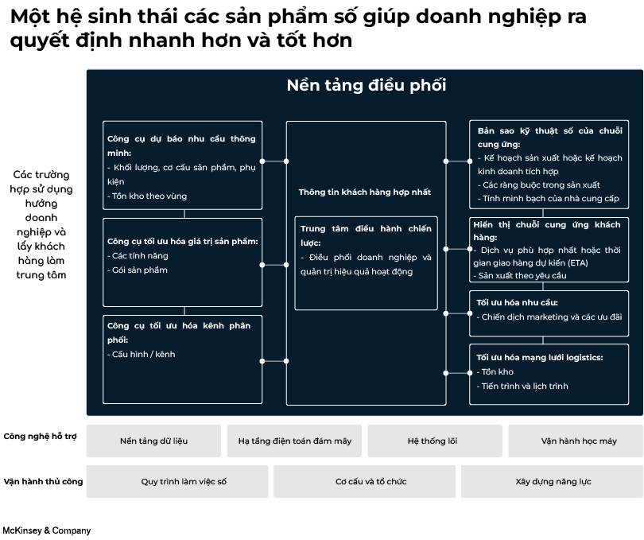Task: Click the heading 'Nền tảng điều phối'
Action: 367,85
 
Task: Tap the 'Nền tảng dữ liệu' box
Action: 153,441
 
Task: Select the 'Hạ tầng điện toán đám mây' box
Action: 294,441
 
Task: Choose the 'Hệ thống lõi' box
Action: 435,441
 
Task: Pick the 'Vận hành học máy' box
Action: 576,441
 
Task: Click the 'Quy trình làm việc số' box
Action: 177,482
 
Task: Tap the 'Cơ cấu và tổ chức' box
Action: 365,482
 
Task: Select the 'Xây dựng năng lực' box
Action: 552,482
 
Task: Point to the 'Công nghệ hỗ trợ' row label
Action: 41,437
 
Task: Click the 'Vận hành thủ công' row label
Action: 43,482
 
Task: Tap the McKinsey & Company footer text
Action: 46,530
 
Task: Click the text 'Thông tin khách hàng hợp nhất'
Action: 365,192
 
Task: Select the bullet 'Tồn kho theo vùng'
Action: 147,196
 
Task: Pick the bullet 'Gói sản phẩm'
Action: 138,270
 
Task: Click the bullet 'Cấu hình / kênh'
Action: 142,354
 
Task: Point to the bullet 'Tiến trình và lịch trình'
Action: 522,387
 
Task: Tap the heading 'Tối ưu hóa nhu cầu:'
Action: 517,303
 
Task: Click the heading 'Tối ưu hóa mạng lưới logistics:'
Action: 540,358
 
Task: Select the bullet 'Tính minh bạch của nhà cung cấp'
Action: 549,199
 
